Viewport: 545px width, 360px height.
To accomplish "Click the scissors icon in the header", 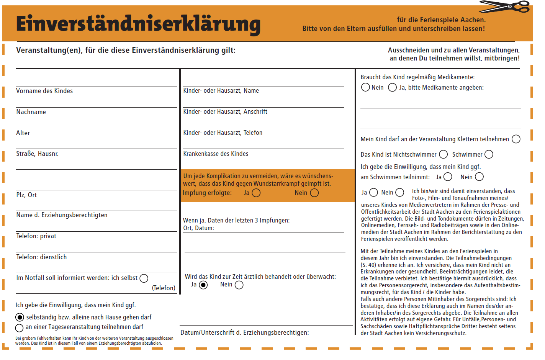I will pos(505,7).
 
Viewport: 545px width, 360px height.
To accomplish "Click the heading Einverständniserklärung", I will pos(138,24).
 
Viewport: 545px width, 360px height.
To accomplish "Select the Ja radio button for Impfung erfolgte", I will pos(256,193).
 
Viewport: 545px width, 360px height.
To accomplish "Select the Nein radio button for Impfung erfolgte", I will pos(314,193).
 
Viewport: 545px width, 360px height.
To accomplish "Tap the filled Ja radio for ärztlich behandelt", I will pos(203,285).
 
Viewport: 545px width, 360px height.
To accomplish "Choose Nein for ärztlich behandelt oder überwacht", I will pos(239,285).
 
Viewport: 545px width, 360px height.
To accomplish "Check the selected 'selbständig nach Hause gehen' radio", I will pos(20,317).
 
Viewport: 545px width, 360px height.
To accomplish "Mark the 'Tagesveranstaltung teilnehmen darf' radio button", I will pos(20,328).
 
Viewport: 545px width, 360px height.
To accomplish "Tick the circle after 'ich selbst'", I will pos(144,278).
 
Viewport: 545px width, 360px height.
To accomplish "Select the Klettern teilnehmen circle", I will pos(516,139).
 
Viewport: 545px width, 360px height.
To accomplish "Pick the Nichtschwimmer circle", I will pos(443,154).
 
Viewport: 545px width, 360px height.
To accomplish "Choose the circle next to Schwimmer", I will pos(489,154).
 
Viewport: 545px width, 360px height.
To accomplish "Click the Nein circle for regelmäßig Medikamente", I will pos(365,87).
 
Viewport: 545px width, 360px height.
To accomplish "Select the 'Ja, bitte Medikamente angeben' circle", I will pos(392,87).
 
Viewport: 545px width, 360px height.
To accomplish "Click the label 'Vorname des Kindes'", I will pos(44,91).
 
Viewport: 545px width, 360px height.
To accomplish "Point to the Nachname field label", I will pos(31,112).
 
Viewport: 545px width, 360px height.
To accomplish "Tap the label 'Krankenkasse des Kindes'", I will pos(216,154).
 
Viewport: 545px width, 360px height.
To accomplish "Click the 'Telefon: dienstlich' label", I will pos(41,257).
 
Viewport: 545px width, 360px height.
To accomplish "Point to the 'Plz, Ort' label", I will pos(26,195).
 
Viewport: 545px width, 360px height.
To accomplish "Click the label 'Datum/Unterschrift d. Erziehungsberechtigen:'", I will pos(244,332).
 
